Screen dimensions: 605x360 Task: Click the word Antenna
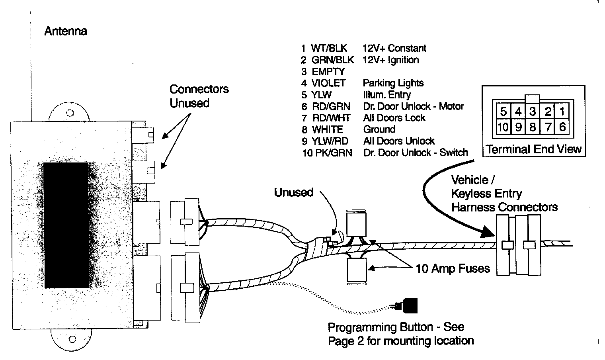tap(66, 31)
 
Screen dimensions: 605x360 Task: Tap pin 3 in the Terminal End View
tap(533, 112)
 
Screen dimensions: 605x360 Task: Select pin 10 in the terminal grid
tap(503, 127)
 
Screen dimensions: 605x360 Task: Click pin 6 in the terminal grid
tap(562, 127)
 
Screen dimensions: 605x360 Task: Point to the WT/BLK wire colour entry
tap(329, 48)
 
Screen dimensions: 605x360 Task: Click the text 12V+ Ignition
tap(390, 60)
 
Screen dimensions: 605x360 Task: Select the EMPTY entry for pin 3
tap(328, 72)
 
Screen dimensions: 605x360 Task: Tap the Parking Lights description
tap(393, 83)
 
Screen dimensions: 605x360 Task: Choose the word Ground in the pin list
tap(379, 129)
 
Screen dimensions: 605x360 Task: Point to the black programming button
tap(410, 306)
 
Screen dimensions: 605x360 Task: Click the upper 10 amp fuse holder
tap(356, 224)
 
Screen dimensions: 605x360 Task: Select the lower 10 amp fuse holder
tap(357, 271)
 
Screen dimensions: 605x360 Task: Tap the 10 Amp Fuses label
tap(453, 269)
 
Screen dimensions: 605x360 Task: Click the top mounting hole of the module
tap(70, 113)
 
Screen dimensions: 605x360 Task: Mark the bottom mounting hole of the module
tap(72, 339)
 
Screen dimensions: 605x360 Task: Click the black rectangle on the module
tap(66, 225)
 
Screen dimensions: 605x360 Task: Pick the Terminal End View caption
tap(534, 149)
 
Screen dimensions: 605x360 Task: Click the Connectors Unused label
tap(199, 96)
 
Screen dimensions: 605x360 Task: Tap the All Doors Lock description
tap(394, 118)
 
